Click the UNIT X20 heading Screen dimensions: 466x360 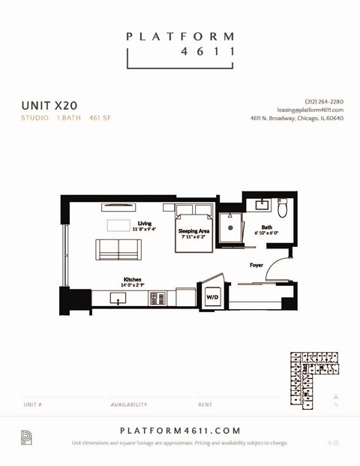49,105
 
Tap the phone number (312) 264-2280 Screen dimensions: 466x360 324,101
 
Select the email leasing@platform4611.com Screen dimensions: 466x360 310,110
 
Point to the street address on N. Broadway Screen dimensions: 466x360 297,118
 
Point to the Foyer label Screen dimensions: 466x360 256,265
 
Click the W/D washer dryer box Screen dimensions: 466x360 212,297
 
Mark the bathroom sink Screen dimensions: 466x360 262,204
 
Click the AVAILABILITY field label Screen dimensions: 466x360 129,404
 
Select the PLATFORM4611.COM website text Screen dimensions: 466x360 180,431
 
